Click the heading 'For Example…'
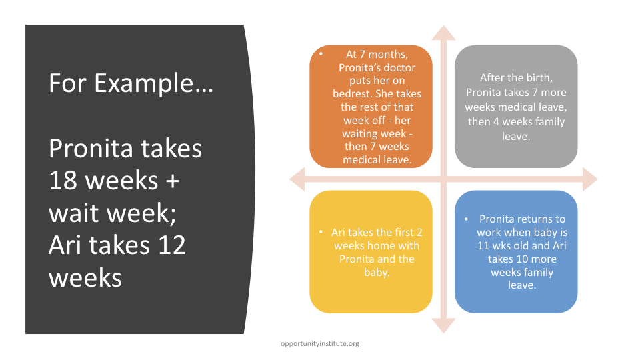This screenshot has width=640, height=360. [x=131, y=83]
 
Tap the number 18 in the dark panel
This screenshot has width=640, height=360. [x=63, y=181]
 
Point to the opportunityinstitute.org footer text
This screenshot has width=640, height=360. [x=319, y=344]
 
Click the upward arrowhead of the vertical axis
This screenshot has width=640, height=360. [x=444, y=33]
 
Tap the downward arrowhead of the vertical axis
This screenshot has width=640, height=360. [x=444, y=326]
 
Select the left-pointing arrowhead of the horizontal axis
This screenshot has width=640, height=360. [x=297, y=179]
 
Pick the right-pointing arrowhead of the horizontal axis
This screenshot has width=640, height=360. [x=590, y=179]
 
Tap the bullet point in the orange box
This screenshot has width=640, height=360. [x=321, y=53]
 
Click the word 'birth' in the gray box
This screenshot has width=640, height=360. [x=539, y=77]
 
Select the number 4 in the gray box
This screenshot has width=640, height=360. [x=497, y=121]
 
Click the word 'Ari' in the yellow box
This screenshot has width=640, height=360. [x=338, y=232]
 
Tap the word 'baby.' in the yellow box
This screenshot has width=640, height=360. [x=377, y=272]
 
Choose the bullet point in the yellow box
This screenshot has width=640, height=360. [x=321, y=232]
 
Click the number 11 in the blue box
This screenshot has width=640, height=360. [x=483, y=246]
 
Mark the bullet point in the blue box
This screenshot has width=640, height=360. [x=466, y=219]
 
